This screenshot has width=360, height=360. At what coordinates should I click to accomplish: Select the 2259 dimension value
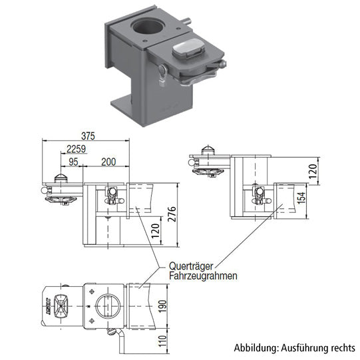coord(77,148)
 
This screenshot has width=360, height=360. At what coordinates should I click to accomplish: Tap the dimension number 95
coord(73,162)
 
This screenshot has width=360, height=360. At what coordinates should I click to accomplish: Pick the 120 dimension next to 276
coord(154,230)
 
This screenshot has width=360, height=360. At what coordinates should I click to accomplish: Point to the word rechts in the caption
coord(343,348)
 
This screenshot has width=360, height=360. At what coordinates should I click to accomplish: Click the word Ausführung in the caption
coord(303,348)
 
